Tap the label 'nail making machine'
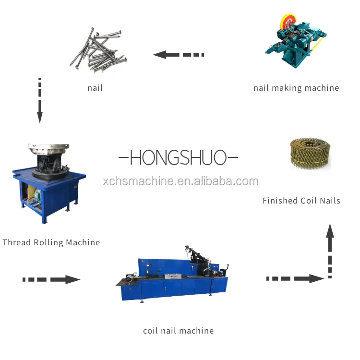tap(296, 88)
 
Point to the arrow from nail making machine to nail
tap(178, 54)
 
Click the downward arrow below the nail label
tap(40, 100)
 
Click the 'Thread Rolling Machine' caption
tap(51, 242)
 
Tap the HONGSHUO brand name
tap(178, 157)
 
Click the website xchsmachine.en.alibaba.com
tap(180, 181)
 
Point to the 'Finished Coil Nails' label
tap(301, 201)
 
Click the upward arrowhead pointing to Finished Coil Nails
tap(330, 231)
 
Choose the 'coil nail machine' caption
tap(178, 331)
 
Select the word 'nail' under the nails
tap(95, 88)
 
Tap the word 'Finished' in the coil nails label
tap(280, 201)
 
